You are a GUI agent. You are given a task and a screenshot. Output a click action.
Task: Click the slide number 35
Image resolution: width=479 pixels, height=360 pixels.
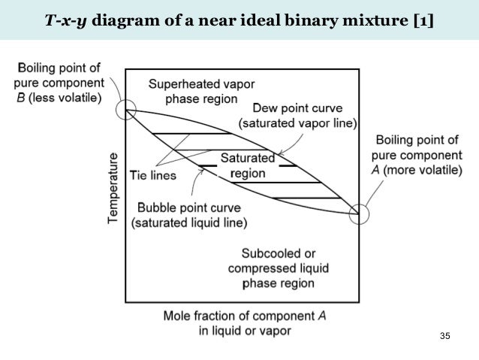pos(444,334)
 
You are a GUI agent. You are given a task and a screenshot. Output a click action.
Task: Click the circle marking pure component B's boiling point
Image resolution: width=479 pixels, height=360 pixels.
pos(126,110)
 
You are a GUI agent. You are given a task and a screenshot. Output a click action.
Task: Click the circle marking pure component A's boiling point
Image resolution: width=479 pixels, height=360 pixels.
pos(360,213)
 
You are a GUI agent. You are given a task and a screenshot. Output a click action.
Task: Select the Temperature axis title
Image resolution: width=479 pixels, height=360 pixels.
pos(113,187)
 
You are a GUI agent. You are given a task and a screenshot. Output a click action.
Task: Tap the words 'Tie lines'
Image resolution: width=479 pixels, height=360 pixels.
pos(152,175)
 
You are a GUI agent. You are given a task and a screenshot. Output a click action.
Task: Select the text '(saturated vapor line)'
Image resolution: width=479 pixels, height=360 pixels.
pos(297,123)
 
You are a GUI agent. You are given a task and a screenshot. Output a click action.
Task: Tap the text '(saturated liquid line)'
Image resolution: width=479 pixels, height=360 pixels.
pos(189,222)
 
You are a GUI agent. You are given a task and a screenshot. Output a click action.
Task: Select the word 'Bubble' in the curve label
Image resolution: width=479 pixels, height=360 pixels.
pos(155,207)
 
